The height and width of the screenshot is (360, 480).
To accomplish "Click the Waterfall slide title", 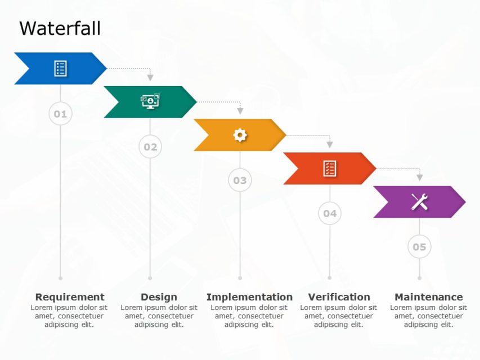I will (60, 28).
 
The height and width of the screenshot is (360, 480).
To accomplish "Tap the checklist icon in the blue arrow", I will (60, 69).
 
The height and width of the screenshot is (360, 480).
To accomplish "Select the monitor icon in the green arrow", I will (150, 101).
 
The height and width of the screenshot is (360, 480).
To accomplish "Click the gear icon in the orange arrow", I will (240, 135).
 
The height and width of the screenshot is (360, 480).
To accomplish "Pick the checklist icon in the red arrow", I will (330, 168).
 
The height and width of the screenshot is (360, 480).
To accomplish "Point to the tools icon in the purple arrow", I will (419, 201).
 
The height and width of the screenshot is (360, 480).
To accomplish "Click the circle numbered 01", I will (60, 114).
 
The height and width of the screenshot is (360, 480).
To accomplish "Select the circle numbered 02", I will (150, 147).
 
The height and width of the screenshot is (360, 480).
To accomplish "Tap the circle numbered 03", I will (240, 180).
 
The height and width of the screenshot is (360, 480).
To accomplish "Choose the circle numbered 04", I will (330, 213).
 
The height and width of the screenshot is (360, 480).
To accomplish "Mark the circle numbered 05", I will (419, 246).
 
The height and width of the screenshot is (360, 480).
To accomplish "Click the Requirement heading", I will (70, 297).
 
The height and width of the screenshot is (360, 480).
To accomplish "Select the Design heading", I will (159, 297).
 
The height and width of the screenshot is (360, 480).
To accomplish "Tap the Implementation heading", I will (249, 297).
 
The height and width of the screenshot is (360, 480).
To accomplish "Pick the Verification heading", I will (339, 297).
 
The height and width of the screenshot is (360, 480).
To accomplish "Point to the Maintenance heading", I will (429, 297).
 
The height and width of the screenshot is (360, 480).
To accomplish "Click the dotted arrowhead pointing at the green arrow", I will (150, 78).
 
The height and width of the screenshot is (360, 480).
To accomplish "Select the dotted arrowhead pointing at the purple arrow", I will (419, 178).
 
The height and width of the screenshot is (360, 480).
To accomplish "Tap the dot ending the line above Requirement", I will (60, 278).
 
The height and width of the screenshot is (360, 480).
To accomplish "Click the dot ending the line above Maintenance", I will (419, 278).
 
